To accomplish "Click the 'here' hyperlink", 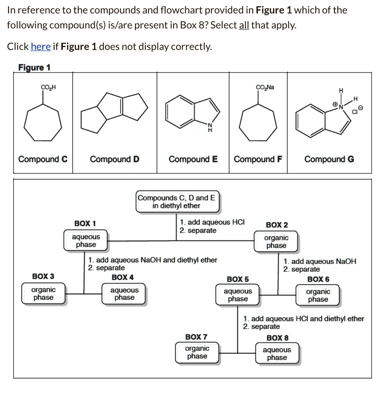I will (40, 47).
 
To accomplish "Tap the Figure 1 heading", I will (35, 68).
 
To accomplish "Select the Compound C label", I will (43, 159).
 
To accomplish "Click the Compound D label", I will (114, 159).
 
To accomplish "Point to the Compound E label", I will (193, 159).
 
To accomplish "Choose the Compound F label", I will (258, 159).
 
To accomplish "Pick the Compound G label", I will (329, 159).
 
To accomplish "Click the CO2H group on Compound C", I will (48, 87).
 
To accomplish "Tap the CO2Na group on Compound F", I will (265, 87).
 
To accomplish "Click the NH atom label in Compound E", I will (210, 127).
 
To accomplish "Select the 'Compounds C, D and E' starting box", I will (177, 202).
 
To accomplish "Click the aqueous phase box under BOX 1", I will (86, 241).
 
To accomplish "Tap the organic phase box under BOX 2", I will (276, 241).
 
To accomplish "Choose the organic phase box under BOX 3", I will (43, 294).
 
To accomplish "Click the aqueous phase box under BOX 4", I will (124, 294).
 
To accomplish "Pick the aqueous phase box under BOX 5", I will (238, 295).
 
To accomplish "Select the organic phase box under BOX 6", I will (318, 295).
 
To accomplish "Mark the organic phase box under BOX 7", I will (197, 353).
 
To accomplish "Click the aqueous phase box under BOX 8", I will (277, 354).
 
